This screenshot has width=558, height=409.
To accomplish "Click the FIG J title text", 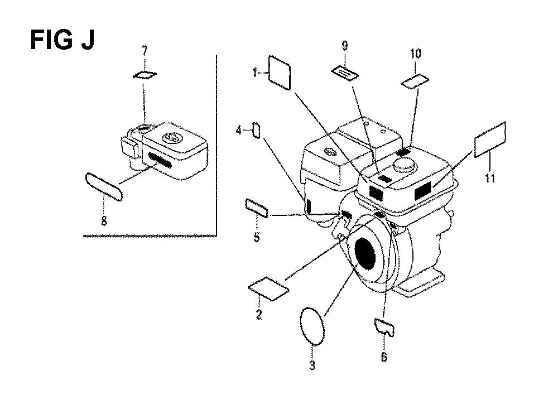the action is (x=62, y=40).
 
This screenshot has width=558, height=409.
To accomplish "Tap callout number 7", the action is (x=144, y=51).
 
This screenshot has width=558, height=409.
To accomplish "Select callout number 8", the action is (x=104, y=221).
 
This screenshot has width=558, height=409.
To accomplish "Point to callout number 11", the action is (x=490, y=177).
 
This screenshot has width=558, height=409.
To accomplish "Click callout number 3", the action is (x=312, y=365).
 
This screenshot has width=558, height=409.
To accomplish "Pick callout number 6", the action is (x=384, y=357).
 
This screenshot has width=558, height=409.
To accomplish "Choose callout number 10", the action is (x=415, y=54).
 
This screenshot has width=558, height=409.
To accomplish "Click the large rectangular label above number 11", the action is (x=490, y=139).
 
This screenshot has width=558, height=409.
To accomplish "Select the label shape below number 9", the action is (x=345, y=73).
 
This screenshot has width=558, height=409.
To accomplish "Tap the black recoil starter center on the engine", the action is (x=365, y=254).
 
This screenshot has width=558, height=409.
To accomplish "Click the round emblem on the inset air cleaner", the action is (x=171, y=137).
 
